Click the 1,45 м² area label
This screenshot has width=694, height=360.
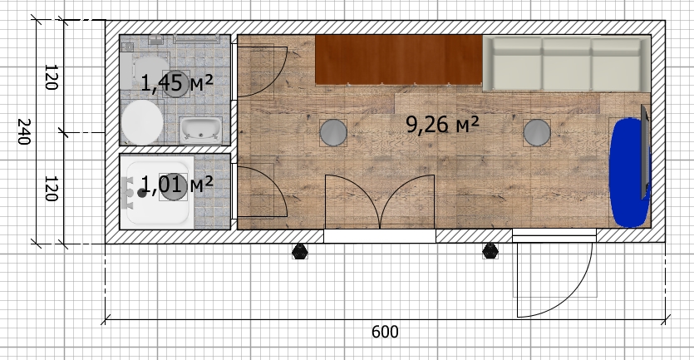[177, 83]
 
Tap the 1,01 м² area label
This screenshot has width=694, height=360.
[177, 185]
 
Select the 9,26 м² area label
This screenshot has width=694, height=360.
[442, 125]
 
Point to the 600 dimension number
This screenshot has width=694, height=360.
[385, 332]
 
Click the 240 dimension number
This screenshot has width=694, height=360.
[23, 131]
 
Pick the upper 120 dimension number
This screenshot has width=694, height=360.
[52, 77]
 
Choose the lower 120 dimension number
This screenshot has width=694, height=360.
[52, 188]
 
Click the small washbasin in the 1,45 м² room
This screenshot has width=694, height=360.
[200, 131]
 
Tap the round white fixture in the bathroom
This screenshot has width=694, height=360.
[142, 122]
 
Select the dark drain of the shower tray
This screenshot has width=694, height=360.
[141, 193]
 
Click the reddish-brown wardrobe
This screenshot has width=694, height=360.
[399, 59]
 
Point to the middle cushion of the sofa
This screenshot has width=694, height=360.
[567, 65]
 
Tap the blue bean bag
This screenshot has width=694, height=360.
[629, 172]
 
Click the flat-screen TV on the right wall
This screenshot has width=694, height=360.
[646, 152]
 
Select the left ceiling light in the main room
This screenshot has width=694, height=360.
[333, 132]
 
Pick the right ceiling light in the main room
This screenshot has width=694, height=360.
[537, 132]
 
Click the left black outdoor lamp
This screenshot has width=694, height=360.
[300, 251]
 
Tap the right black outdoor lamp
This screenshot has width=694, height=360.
[490, 251]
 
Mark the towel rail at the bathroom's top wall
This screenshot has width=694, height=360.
[196, 39]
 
